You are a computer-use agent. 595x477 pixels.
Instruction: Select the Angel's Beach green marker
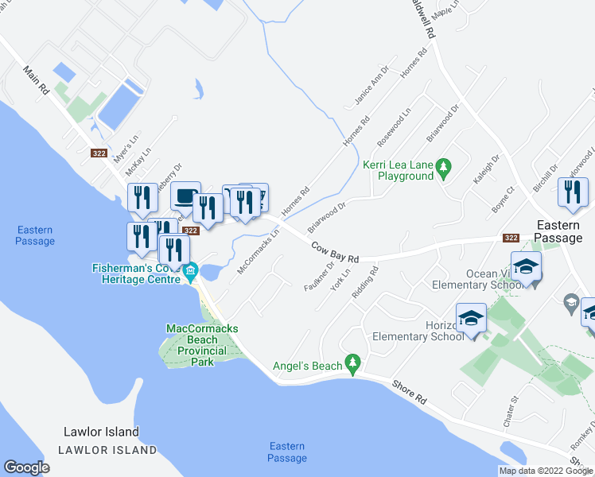coord(352,365)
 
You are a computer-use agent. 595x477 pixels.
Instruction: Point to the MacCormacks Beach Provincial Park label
coord(202,345)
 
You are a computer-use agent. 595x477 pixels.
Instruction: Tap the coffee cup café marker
coord(185,196)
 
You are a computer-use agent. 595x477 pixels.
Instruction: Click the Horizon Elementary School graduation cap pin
coord(470,317)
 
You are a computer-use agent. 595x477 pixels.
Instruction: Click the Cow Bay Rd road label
coord(335,253)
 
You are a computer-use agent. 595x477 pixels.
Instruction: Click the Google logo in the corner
coord(26,467)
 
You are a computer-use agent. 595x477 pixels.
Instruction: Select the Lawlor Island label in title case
coord(101,432)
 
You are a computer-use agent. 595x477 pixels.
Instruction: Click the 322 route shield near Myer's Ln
coord(99,153)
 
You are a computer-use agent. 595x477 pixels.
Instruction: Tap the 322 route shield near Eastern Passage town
coord(511,238)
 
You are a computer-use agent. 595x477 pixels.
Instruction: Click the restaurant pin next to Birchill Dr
coord(573,192)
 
